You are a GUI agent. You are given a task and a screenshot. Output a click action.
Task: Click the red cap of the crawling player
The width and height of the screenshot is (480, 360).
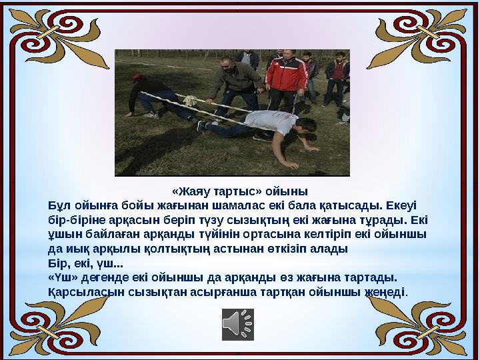point(137,78)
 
